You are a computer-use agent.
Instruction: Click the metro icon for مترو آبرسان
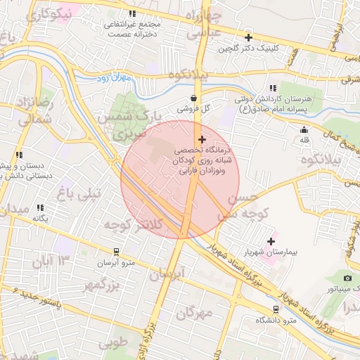[x=116, y=251]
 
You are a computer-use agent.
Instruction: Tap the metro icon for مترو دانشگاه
[x=274, y=309]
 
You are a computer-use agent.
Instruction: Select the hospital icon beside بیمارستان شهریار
[x=271, y=241]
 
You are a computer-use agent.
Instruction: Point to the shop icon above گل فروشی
[x=193, y=98]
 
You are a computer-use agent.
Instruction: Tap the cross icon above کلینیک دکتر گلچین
[x=247, y=37]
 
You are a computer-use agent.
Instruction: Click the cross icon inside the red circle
[x=202, y=139]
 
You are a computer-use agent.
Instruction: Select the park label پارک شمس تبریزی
[x=138, y=123]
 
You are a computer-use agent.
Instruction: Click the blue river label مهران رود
[x=113, y=79]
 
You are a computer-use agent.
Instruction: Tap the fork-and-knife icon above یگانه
[x=40, y=208]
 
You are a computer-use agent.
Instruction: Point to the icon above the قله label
[x=304, y=129]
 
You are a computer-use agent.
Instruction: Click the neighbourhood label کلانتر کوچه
[x=134, y=224]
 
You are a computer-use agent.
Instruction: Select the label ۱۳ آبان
[x=52, y=262]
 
